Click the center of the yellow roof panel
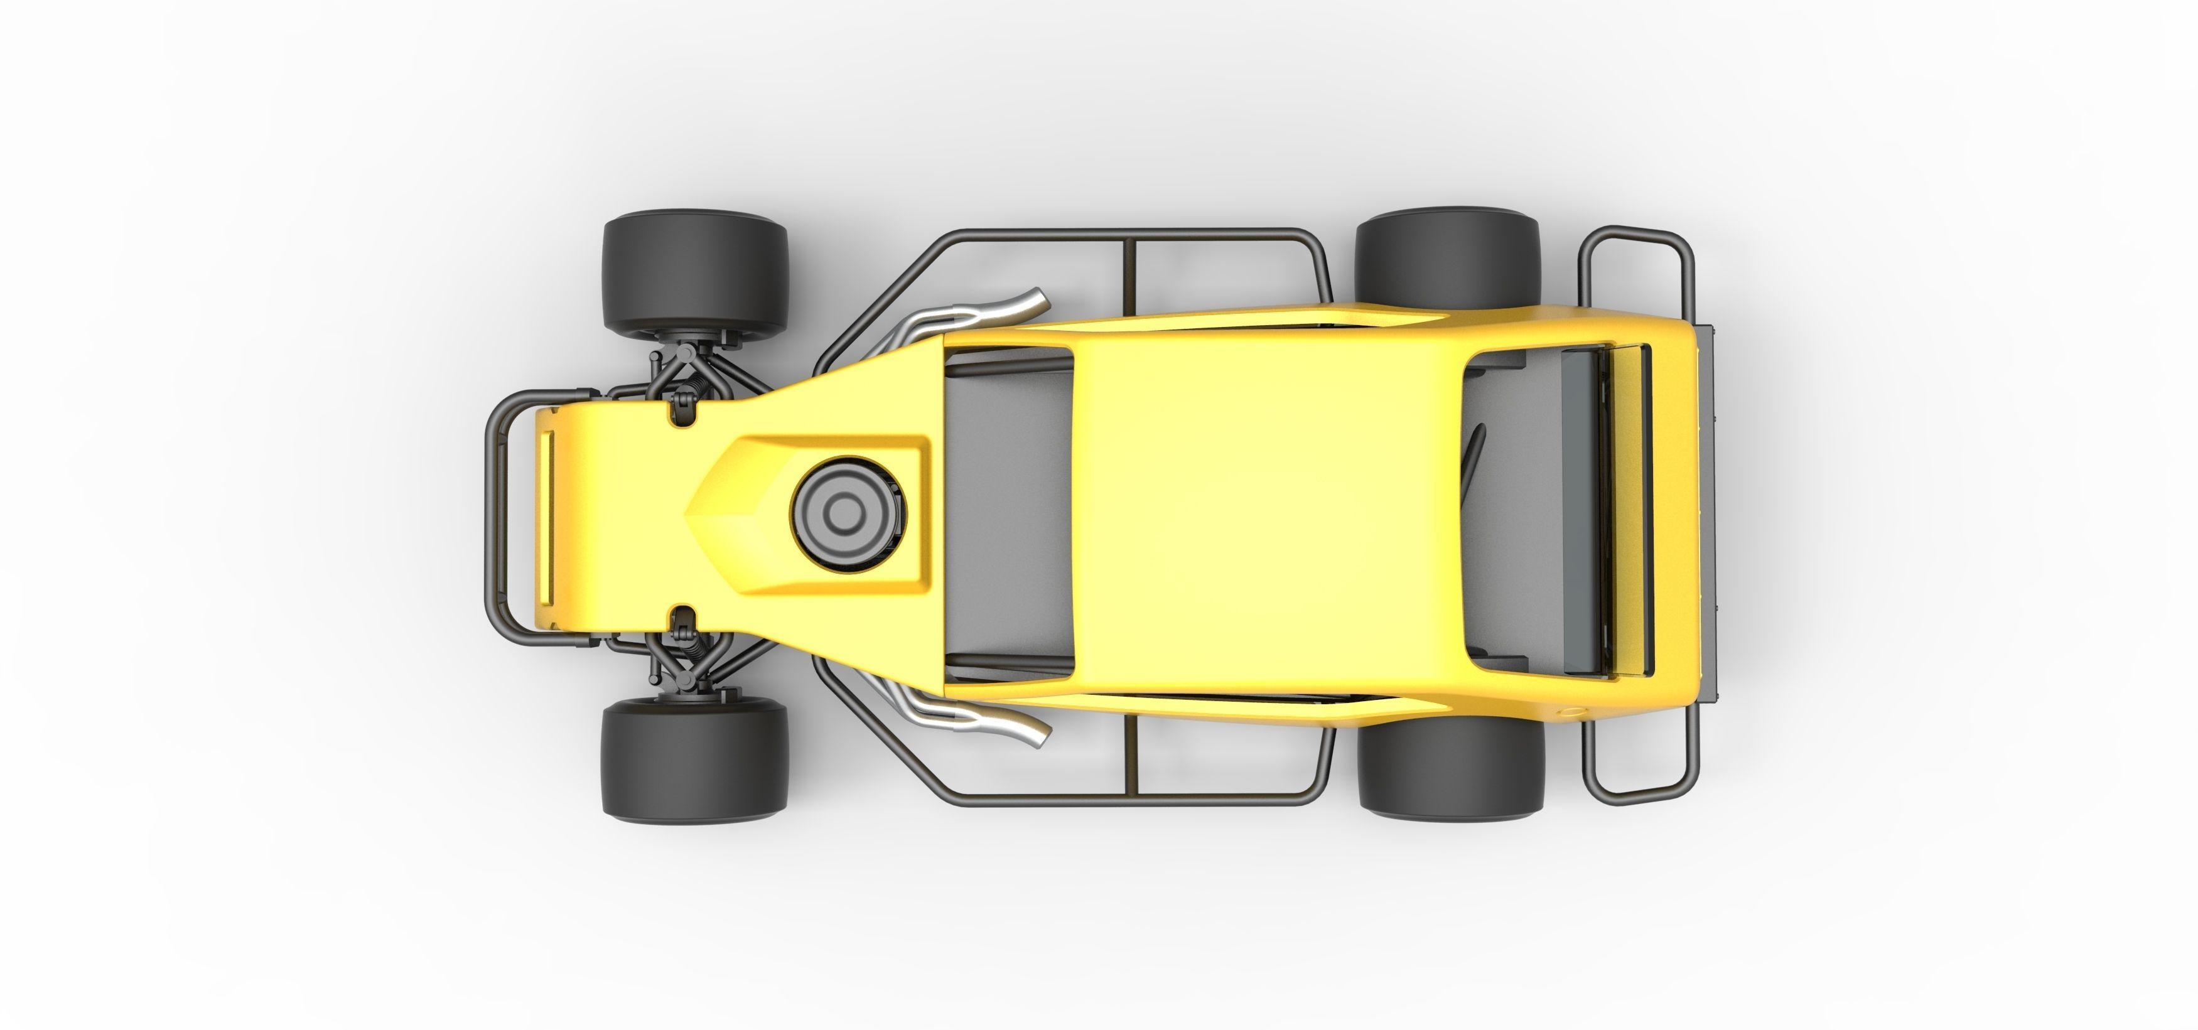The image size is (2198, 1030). tap(1263, 512)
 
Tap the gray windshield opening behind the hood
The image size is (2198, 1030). tap(1007, 512)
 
